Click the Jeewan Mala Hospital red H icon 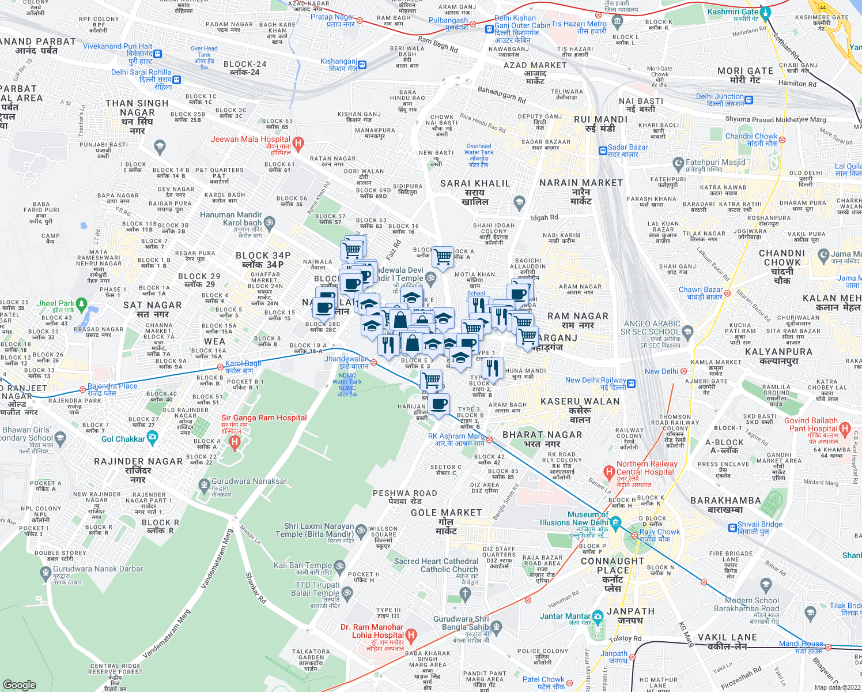(x=298, y=143)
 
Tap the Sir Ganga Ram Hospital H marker (x=234, y=442)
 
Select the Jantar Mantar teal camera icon (x=597, y=616)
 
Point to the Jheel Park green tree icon (x=81, y=303)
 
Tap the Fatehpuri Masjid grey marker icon (x=678, y=163)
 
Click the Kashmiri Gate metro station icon (x=765, y=12)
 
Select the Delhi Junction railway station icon (x=748, y=100)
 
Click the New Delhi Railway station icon (x=632, y=384)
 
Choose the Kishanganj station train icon (x=362, y=65)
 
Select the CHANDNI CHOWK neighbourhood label (x=782, y=266)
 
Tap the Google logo (x=20, y=685)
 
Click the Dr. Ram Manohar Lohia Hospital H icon (x=410, y=635)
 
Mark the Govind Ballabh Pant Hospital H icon (x=845, y=428)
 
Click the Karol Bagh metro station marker (x=220, y=367)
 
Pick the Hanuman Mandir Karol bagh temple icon (x=269, y=223)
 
